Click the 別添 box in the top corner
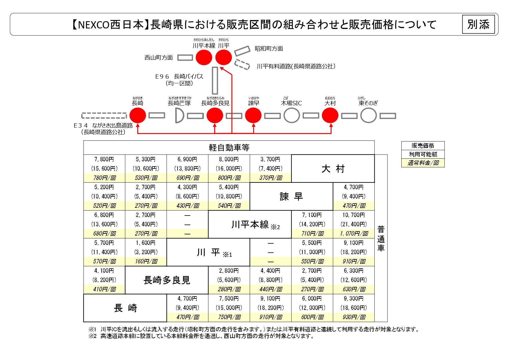click(x=478, y=24)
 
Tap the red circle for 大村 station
click(x=330, y=115)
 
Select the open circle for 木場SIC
click(x=292, y=115)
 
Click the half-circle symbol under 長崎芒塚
click(x=179, y=116)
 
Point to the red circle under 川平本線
click(x=204, y=57)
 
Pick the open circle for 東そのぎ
click(x=369, y=115)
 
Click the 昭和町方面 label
click(x=269, y=49)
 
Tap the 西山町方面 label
click(x=159, y=58)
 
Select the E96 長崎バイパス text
click(x=179, y=77)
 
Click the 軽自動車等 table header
click(x=229, y=148)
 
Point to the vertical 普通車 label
click(x=381, y=238)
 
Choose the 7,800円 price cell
click(x=104, y=159)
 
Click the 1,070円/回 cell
click(x=354, y=234)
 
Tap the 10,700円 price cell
click(x=354, y=215)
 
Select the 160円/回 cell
click(x=146, y=261)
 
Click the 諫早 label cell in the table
click(x=291, y=196)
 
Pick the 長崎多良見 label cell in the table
click(x=167, y=280)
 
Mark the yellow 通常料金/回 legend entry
click(x=423, y=163)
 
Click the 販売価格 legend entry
click(x=423, y=146)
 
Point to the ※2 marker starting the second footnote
click(x=92, y=336)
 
